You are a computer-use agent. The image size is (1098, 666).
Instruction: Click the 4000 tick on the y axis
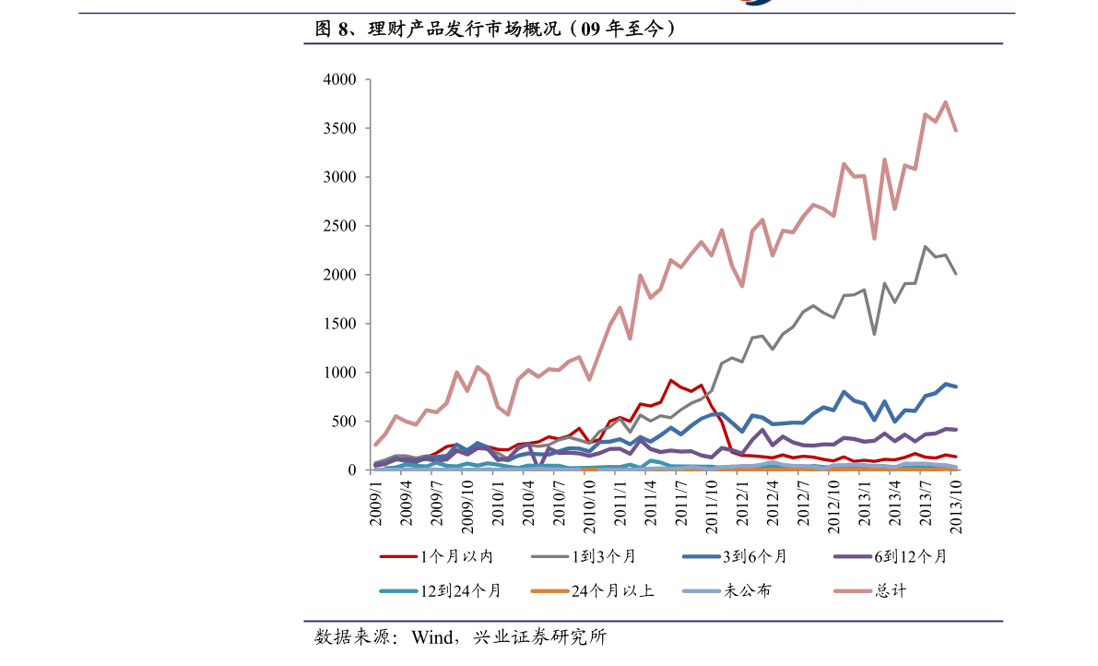coord(339,80)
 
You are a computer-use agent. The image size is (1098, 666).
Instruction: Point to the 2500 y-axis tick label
coord(339,226)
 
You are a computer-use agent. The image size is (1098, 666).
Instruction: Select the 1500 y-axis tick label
coord(339,324)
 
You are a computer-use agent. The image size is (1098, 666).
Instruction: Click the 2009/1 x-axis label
coord(376,503)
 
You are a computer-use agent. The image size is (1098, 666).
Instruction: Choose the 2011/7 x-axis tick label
coord(681,503)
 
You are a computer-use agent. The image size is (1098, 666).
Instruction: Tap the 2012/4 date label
coord(773,503)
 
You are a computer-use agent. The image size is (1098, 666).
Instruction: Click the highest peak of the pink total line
coord(946,102)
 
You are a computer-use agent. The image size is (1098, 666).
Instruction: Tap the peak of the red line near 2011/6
coord(671,380)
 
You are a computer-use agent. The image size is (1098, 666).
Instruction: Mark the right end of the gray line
coord(956,274)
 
